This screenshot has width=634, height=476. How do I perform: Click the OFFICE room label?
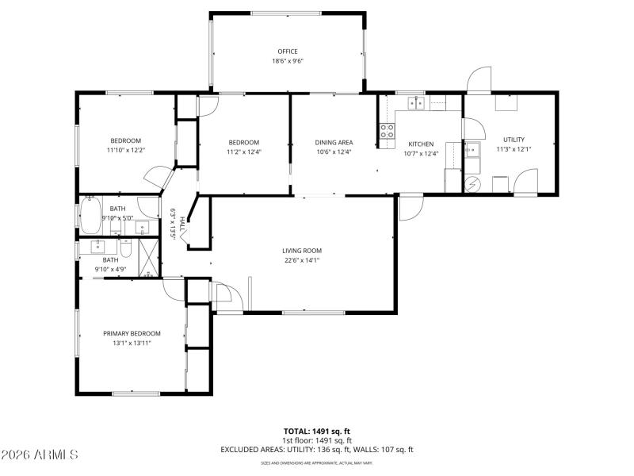point(288,52)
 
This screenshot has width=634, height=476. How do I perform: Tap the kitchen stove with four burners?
point(387,131)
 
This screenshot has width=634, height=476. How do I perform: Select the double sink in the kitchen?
point(416,102)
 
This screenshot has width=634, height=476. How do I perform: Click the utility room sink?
point(472,149)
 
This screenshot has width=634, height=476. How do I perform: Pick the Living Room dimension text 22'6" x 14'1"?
point(302,260)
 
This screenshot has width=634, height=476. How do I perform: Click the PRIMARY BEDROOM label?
point(132,333)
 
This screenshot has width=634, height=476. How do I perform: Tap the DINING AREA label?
point(333,143)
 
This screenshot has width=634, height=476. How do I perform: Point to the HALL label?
point(182,225)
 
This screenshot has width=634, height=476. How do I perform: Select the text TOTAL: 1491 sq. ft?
point(317,431)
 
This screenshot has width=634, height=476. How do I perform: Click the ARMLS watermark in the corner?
point(40,455)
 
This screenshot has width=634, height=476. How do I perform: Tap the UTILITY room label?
point(514,140)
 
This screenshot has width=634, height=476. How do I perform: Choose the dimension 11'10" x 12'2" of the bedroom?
point(126,150)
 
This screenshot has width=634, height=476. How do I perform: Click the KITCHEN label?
point(421,144)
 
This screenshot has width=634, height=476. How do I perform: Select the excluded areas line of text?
point(317,450)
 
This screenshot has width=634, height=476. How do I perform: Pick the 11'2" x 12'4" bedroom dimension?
point(243,152)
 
